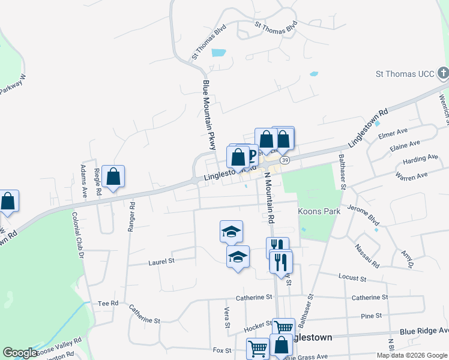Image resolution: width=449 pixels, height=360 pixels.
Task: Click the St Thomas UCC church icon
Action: click(x=443, y=74)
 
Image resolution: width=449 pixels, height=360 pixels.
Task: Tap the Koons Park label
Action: click(x=319, y=211)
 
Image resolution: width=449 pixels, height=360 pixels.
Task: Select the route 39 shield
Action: click(x=285, y=160)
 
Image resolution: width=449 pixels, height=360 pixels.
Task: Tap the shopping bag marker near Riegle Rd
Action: click(x=113, y=177)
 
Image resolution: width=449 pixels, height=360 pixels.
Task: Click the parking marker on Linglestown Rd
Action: click(x=252, y=156)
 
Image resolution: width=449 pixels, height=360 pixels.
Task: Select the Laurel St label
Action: click(x=161, y=262)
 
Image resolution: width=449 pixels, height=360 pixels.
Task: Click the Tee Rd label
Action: click(x=108, y=304)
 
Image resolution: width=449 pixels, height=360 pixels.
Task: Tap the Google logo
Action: click(x=20, y=353)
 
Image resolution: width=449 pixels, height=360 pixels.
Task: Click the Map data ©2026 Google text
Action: click(x=411, y=355)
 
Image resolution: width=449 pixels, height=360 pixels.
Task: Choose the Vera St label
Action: click(x=228, y=317)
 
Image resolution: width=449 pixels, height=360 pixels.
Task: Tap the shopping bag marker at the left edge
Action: click(x=8, y=202)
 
